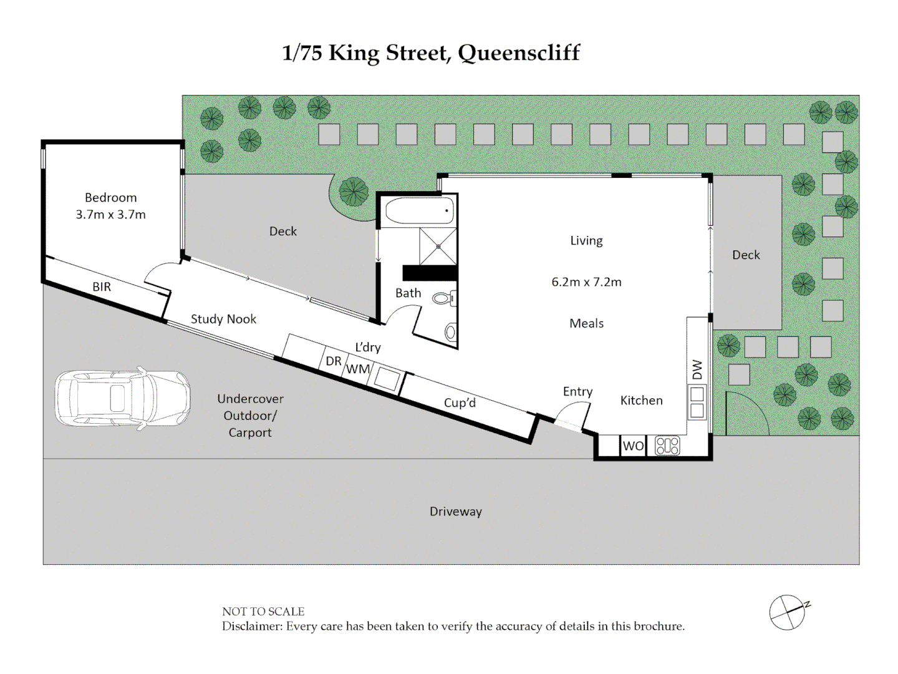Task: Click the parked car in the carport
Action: [122, 398]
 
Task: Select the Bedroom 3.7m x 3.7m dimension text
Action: [110, 214]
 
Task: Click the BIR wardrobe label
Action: [102, 286]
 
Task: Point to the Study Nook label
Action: [223, 319]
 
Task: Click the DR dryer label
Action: [334, 361]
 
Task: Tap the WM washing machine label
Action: [358, 369]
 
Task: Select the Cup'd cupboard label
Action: [460, 403]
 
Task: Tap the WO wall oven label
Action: [634, 446]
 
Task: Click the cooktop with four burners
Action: [667, 446]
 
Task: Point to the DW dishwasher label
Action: [698, 369]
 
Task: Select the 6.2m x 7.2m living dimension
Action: [586, 282]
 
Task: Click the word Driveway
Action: [456, 512]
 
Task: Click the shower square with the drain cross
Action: [438, 247]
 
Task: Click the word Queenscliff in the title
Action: [519, 54]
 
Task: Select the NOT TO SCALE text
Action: [263, 612]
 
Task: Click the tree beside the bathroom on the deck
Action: [354, 192]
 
